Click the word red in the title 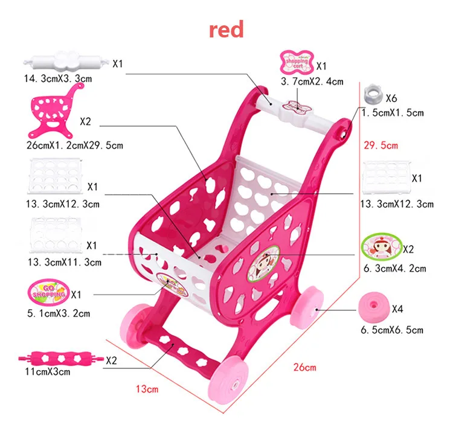pos(226,29)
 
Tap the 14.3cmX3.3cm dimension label pos(58,79)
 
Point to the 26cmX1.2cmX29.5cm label pos(71,146)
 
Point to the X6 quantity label pos(391,98)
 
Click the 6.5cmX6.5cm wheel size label pos(392,330)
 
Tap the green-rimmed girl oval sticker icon pos(381,246)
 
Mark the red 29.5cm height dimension pos(381,145)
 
